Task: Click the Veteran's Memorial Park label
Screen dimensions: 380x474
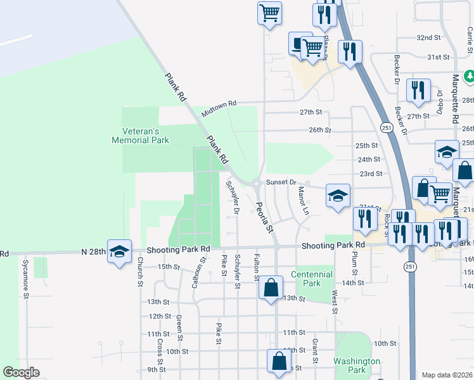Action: [140, 136]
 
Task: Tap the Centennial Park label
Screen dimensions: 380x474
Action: [311, 279]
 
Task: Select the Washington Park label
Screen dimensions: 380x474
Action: [357, 365]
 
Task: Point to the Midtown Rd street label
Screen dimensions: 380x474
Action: [219, 108]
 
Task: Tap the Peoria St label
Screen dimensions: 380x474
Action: [264, 216]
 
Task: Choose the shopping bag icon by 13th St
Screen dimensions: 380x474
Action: [271, 288]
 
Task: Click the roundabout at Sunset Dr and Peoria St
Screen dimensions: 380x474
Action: [256, 185]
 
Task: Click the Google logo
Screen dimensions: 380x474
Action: [22, 372]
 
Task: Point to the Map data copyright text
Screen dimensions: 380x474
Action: [447, 375]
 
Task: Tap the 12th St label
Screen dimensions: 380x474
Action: [160, 316]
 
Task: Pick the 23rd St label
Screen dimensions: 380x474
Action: [370, 174]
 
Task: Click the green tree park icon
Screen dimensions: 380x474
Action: [469, 77]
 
